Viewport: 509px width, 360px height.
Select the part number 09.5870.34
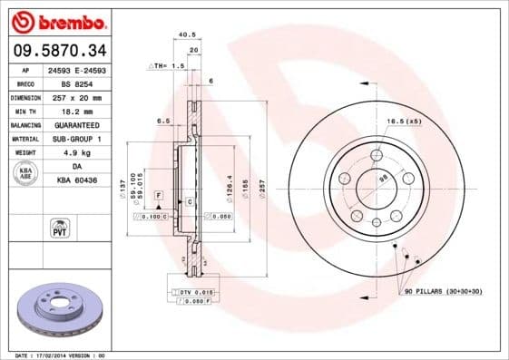pos(57,49)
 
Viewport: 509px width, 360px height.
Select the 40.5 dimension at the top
pos(188,35)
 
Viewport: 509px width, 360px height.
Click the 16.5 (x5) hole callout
pos(403,121)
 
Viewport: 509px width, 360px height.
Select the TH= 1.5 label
pos(170,66)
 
